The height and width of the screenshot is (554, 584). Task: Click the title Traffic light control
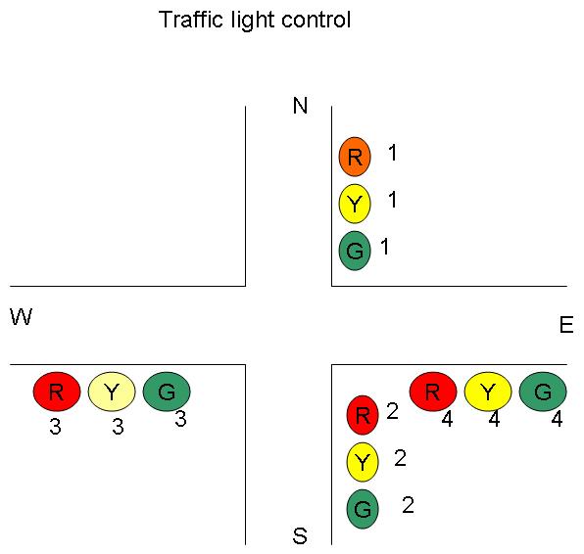(255, 20)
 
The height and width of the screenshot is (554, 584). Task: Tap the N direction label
(301, 106)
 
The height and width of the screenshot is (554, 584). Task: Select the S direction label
(300, 536)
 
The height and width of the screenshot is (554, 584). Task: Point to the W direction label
(21, 316)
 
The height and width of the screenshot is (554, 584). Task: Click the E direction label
(565, 326)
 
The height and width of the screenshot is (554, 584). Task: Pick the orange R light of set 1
(355, 156)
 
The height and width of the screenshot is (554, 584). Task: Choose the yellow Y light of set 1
(355, 205)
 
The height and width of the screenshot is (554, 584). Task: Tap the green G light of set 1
(355, 251)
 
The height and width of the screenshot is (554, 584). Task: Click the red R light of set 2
(363, 415)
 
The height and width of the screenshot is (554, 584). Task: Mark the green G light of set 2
(363, 509)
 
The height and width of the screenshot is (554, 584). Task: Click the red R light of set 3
(57, 392)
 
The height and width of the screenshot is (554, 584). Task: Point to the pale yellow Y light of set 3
(112, 392)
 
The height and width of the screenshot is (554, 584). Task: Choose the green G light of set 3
(167, 392)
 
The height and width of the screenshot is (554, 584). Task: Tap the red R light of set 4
(433, 392)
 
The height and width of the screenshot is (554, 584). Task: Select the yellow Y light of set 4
(488, 392)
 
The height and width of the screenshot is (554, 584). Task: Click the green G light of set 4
(543, 392)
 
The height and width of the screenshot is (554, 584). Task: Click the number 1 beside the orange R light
(393, 153)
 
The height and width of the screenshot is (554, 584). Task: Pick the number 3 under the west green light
(180, 419)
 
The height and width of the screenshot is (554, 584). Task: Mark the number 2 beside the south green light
(408, 505)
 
